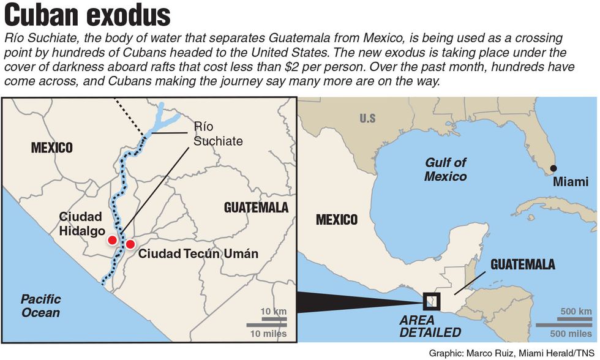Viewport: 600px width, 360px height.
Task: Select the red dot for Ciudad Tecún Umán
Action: click(130, 245)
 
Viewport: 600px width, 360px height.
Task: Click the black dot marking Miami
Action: click(553, 168)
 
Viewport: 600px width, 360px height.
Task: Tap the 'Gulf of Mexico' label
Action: click(446, 169)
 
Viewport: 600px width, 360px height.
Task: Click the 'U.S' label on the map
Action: click(367, 118)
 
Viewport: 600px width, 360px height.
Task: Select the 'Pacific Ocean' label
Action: click(41, 306)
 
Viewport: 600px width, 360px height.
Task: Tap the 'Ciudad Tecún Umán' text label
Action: click(198, 253)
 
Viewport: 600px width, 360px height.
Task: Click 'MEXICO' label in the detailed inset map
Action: click(52, 148)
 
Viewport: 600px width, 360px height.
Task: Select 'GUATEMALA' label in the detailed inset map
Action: click(256, 208)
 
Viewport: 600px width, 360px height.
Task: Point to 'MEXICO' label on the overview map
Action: click(337, 220)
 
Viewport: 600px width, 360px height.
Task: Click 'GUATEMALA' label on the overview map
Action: click(523, 265)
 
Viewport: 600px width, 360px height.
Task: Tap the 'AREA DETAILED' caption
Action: click(430, 326)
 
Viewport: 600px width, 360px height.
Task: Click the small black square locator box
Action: click(432, 301)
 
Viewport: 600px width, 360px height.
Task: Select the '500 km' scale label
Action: click(576, 312)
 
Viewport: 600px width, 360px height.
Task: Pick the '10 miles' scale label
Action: click(268, 334)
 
